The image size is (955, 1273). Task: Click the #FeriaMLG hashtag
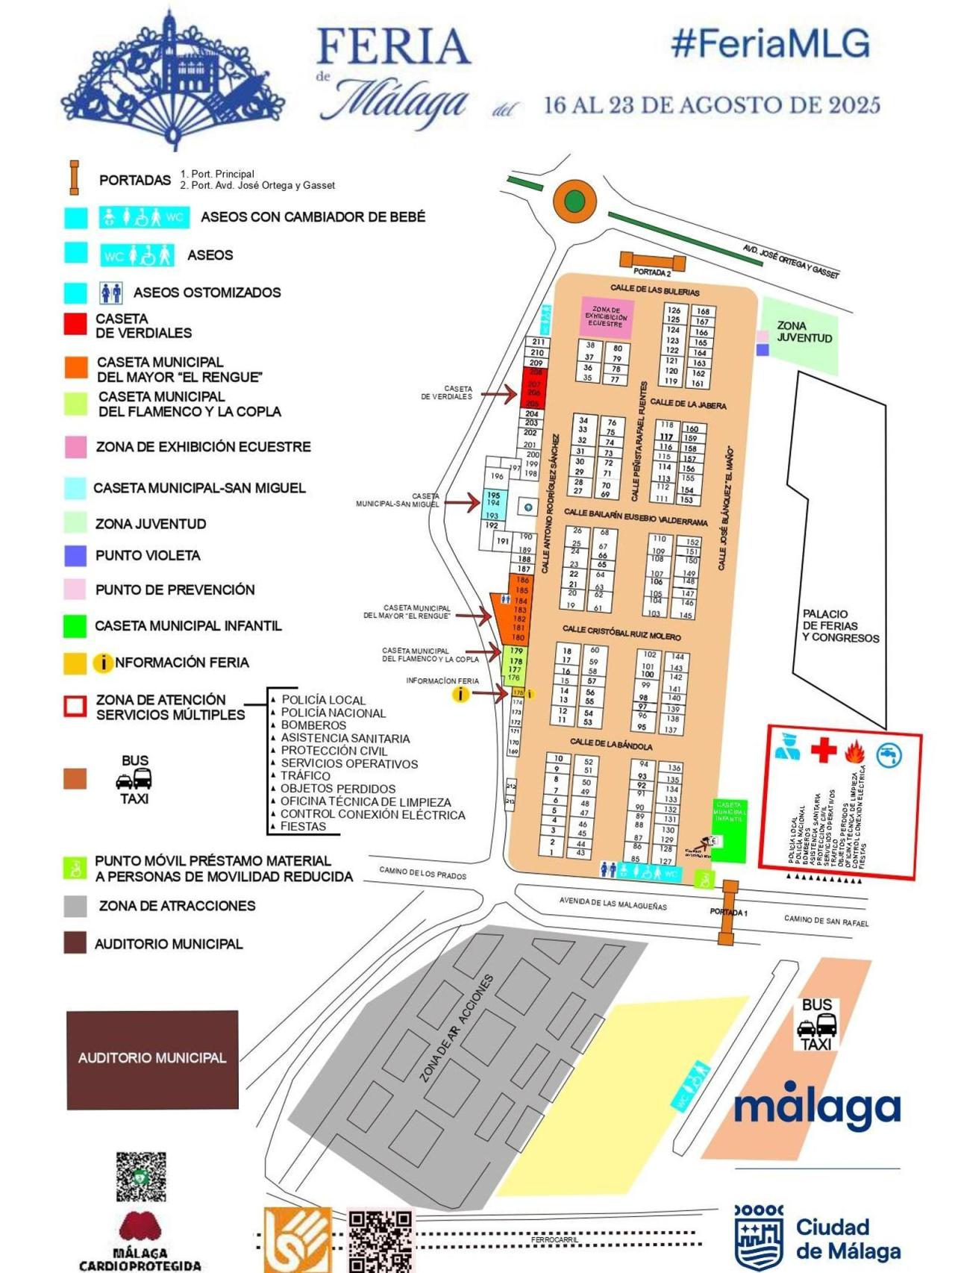(771, 43)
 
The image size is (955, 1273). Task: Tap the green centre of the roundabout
(574, 201)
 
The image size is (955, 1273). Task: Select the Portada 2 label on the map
(651, 273)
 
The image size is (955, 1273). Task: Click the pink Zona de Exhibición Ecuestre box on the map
(607, 317)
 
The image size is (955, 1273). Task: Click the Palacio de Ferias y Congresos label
(840, 626)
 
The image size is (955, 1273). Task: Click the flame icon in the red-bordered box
(854, 751)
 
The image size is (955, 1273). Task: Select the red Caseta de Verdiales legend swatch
(75, 324)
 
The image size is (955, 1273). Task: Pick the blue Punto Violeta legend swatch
(75, 555)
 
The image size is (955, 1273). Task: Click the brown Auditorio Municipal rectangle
(152, 1059)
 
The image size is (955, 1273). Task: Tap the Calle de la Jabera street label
(688, 404)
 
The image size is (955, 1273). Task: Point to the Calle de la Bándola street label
(611, 745)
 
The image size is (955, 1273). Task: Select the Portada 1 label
(728, 913)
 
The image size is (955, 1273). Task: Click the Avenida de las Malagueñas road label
(613, 904)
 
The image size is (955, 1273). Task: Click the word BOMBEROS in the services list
(313, 725)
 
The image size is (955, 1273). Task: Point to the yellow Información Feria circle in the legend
(102, 663)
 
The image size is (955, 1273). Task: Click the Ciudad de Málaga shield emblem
(759, 1238)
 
